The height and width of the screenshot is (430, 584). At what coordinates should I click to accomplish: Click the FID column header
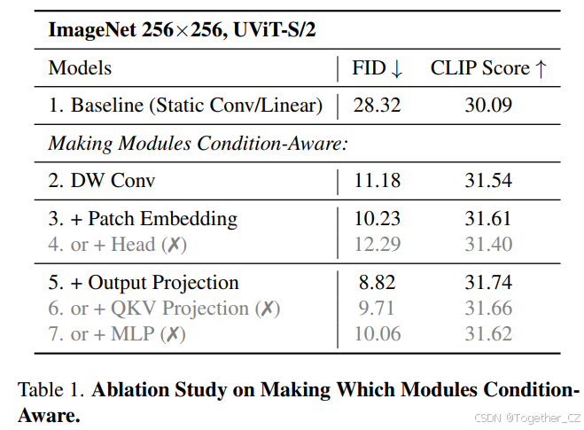point(377,68)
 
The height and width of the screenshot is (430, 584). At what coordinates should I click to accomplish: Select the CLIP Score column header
point(488,68)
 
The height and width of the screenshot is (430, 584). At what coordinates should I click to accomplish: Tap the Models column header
point(80,68)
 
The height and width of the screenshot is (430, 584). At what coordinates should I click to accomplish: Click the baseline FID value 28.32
point(377,106)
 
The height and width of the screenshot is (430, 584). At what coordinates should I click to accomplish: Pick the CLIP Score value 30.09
point(488,106)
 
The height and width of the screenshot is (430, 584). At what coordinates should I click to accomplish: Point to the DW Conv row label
point(101,181)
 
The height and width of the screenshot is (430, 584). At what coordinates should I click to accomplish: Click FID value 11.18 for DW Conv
point(377,181)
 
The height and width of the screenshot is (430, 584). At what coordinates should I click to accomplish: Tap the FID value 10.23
point(377,219)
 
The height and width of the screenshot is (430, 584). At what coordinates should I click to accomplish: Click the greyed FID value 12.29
point(377,244)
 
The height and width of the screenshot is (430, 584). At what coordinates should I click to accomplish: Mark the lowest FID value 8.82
point(377,283)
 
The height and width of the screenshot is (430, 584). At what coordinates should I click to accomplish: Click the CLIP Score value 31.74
point(488,283)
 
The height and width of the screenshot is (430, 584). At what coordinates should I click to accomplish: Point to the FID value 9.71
point(377,309)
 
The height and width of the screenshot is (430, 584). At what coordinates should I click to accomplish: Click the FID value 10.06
point(377,334)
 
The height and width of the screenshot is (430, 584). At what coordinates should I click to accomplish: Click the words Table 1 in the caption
point(50,390)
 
